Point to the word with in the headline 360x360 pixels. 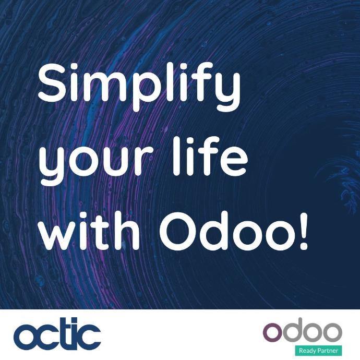click(x=91, y=230)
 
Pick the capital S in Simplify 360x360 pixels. click(x=52, y=82)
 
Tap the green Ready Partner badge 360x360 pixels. click(x=318, y=351)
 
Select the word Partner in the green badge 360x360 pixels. click(x=328, y=351)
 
